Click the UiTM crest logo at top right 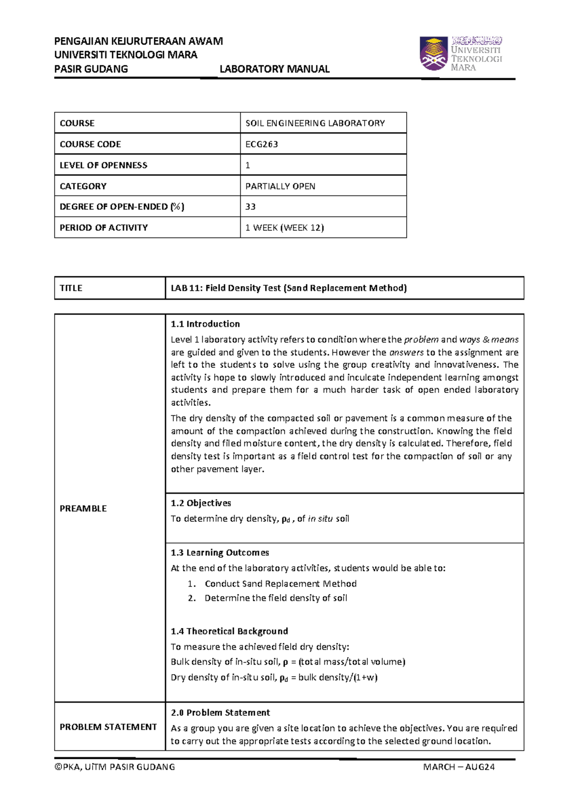tap(433, 54)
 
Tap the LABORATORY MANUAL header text tap(274, 69)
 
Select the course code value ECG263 tap(262, 144)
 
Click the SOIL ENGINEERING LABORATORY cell tap(315, 123)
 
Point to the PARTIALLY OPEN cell tap(280, 186)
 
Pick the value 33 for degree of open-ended tap(251, 207)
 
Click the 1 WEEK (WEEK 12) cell tap(285, 228)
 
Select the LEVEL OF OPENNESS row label tap(103, 165)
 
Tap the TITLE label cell tap(71, 288)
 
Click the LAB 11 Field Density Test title tap(288, 288)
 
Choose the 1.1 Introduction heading tap(205, 324)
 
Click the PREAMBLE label tap(83, 508)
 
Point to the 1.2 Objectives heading tap(201, 503)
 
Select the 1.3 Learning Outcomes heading tap(220, 553)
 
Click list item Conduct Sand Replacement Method tap(280, 584)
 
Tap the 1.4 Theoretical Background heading tap(229, 631)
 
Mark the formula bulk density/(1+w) tap(338, 678)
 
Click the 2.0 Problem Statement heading tap(220, 713)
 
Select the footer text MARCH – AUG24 tap(459, 767)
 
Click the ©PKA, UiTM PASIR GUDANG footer tap(115, 767)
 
